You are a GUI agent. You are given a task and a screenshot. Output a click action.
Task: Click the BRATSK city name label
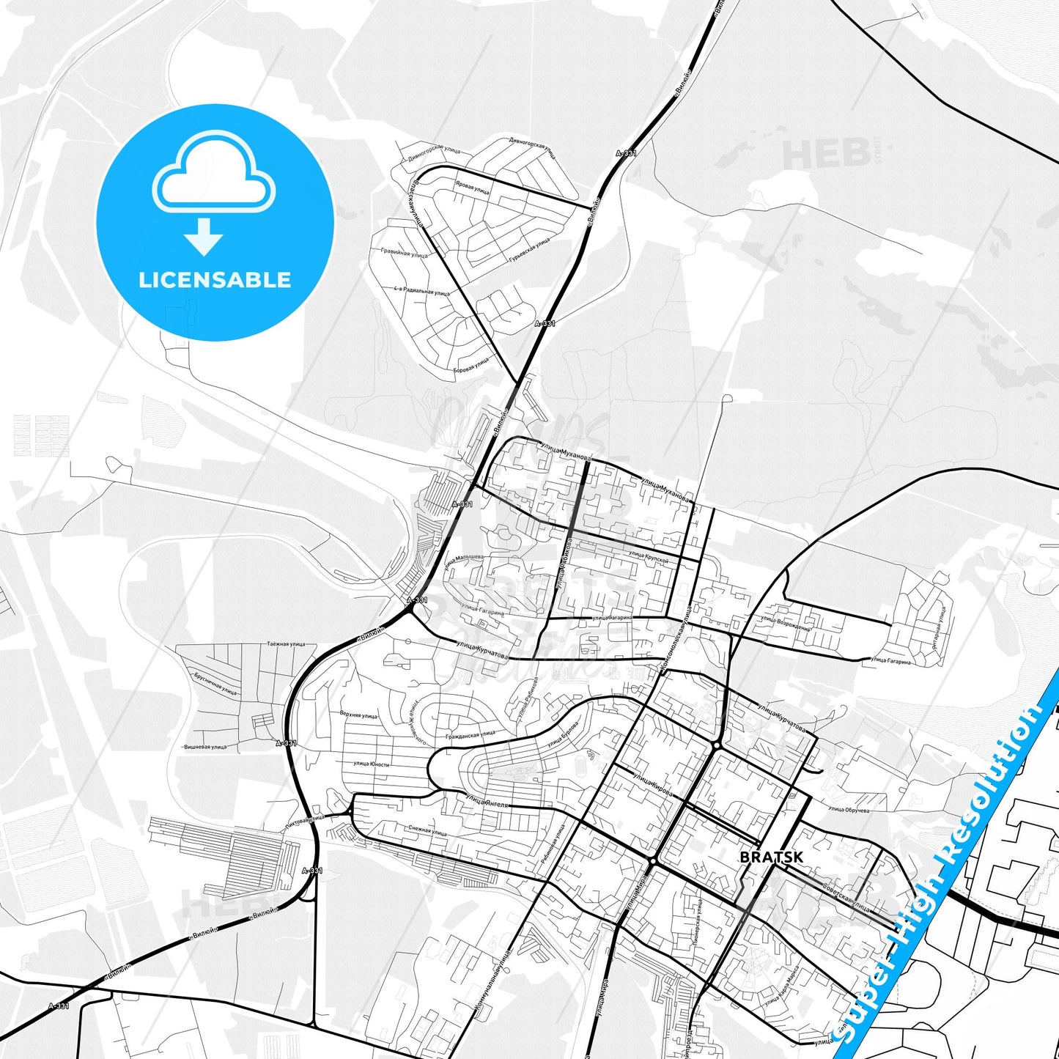click(771, 857)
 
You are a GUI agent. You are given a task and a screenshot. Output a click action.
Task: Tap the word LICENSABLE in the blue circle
click(215, 280)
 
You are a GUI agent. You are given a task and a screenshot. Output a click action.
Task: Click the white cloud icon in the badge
click(214, 180)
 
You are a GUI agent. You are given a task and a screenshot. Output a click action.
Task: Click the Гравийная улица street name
click(404, 253)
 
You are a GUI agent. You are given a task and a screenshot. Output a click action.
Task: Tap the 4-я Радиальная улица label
click(421, 292)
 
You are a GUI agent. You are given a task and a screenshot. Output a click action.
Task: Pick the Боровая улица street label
click(471, 364)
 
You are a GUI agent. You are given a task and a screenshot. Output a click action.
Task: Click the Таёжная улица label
click(286, 644)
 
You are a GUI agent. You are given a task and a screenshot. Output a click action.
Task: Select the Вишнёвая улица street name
click(206, 748)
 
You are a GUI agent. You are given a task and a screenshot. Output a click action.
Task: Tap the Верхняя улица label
click(358, 715)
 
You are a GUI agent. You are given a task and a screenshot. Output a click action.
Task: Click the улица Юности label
click(371, 764)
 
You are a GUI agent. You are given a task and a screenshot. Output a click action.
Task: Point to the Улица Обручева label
click(848, 810)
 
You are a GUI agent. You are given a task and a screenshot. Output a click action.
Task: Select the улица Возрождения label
click(786, 624)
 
